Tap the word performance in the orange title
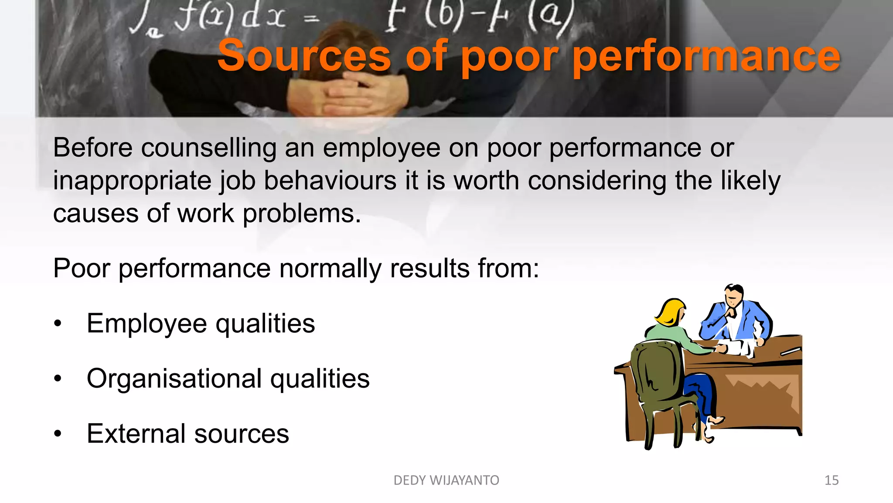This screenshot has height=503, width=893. [706, 57]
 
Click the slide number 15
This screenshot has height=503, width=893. [832, 480]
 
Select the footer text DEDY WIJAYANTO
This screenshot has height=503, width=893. [446, 480]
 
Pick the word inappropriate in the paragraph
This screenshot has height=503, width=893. [132, 181]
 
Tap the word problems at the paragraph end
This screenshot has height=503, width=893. [301, 214]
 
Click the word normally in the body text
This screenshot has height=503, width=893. [330, 268]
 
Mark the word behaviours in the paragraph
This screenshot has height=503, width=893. [330, 181]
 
